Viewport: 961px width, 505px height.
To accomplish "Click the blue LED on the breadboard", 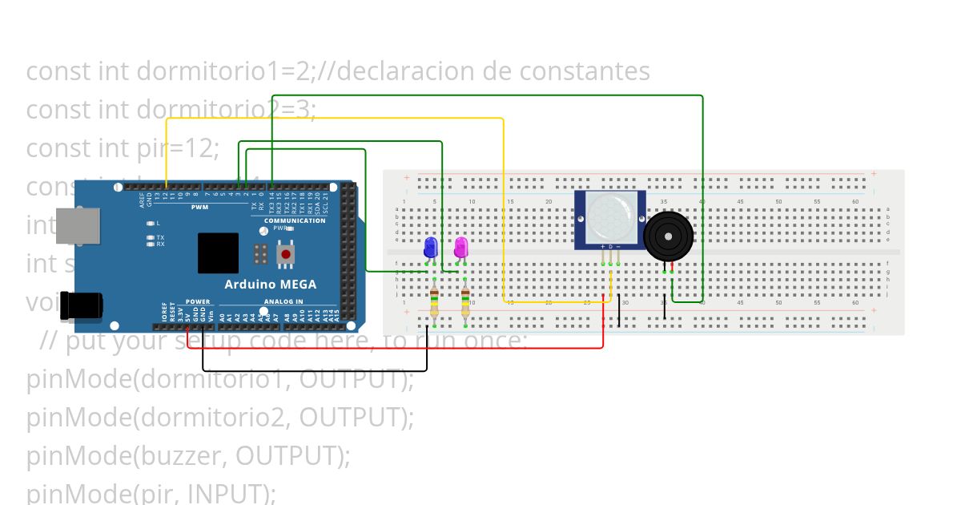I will pos(430,247).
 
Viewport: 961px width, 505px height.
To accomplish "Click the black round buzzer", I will pos(669,236).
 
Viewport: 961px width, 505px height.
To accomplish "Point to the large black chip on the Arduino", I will pos(219,252).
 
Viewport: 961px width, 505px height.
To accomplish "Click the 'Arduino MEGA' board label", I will pos(270,284).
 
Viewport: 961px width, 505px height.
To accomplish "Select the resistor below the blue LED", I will pos(434,303).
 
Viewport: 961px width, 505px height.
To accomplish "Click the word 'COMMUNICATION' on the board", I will pos(295,220).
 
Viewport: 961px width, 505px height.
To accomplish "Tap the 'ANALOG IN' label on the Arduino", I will pos(283,302).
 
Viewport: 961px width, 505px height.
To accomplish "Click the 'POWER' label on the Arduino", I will pos(198,302).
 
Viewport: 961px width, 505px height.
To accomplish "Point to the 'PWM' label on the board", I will pos(199,207).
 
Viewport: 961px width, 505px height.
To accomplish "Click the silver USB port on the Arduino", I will pos(79,225).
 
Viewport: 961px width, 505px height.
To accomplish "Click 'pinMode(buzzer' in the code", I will pos(127,455).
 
